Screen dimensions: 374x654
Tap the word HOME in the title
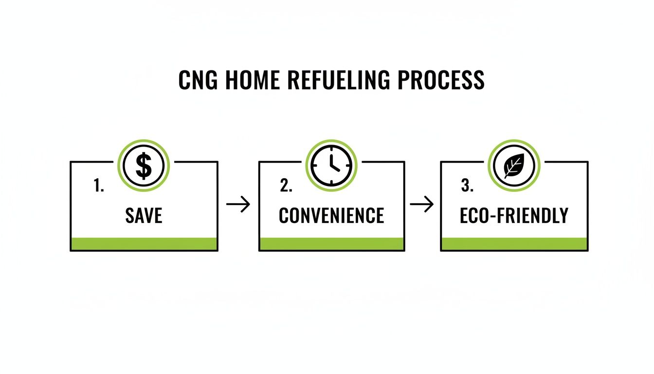253,80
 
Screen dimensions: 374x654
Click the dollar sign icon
144,166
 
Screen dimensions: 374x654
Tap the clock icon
331,166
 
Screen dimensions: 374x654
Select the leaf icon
514,166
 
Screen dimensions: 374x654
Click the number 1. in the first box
99,186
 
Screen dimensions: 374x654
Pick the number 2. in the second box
286,186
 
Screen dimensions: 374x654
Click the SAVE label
144,215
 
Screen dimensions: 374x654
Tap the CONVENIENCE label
331,215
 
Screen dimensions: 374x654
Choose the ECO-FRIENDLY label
514,215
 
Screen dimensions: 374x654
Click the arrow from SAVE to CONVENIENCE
238,205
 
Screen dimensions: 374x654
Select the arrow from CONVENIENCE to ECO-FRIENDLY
422,205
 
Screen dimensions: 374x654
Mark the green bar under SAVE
144,243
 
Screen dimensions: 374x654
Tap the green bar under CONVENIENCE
331,243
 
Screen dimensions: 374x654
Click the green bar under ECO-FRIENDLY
514,243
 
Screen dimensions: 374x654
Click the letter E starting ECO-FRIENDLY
465,215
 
